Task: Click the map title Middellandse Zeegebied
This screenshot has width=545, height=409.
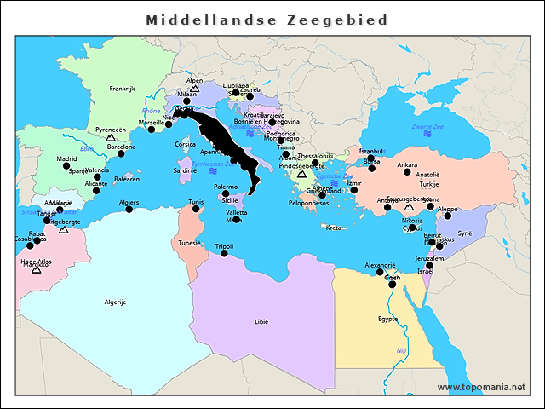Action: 267,20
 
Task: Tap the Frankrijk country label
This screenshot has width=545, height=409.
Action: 123,89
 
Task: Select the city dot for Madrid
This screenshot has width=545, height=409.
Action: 66,167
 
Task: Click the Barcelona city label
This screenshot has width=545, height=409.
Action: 121,147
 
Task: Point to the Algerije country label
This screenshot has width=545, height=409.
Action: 115,302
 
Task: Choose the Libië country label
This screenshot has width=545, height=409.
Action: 261,322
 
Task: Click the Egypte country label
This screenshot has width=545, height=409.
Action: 387,319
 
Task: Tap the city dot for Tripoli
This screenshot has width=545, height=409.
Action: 224,254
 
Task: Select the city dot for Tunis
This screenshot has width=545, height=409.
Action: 196,209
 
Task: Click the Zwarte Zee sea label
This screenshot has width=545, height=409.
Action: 427,127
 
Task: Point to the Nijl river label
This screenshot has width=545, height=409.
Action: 402,350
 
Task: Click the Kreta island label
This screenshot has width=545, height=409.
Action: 333,228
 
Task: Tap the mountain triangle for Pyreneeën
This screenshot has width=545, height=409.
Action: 110,137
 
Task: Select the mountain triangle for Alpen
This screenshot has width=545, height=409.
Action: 194,88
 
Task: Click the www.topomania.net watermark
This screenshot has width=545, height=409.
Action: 481,388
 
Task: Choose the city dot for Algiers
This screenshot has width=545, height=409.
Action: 129,210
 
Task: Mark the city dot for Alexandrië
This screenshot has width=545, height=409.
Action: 380,272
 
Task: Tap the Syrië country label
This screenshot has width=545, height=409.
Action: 464,233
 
